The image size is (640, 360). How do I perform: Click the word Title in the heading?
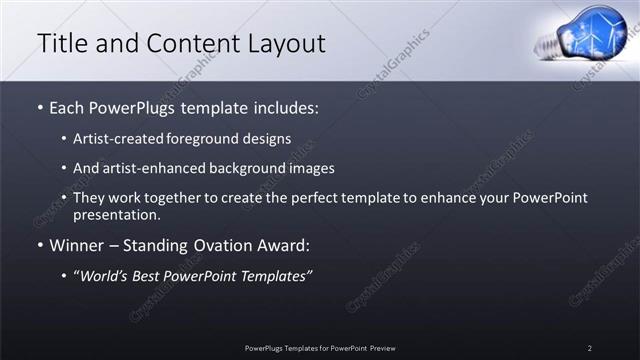tap(62, 44)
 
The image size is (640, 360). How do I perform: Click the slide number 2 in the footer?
tap(590, 348)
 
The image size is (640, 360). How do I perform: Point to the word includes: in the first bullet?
tap(285, 106)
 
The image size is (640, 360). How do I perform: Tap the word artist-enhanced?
tap(145, 169)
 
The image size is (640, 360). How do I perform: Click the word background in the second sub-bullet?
tap(237, 169)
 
